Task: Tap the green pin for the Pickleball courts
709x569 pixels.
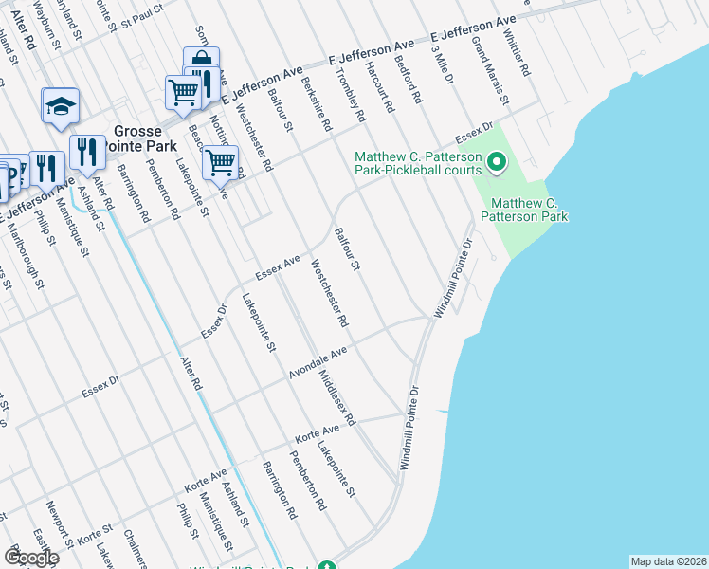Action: [x=496, y=165]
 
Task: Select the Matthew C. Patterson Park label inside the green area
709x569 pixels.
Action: [x=523, y=210]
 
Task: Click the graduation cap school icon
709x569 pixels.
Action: [x=60, y=105]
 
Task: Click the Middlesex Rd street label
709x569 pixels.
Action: [x=336, y=398]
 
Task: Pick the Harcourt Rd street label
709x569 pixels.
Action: [x=380, y=89]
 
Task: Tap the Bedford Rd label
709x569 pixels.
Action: [x=410, y=79]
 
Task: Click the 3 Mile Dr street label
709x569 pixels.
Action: [x=441, y=65]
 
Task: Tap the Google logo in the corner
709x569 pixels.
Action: [x=31, y=557]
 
